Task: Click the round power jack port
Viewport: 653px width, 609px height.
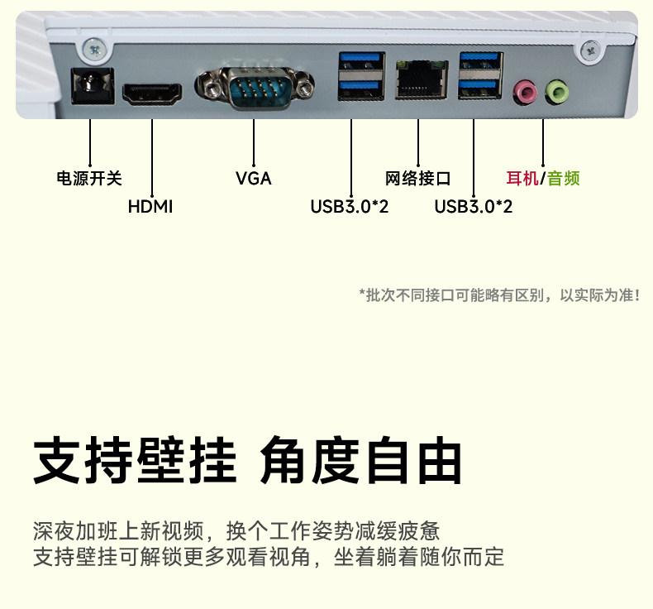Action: (x=90, y=84)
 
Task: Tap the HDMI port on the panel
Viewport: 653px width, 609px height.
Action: (x=153, y=93)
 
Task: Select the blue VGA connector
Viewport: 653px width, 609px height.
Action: (x=255, y=88)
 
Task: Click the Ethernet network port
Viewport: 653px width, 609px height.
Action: (x=419, y=79)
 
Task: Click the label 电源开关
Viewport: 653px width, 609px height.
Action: (x=89, y=178)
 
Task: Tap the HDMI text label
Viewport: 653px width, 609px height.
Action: (x=150, y=206)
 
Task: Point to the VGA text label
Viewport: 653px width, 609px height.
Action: (x=253, y=178)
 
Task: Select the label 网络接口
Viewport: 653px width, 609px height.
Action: (x=418, y=178)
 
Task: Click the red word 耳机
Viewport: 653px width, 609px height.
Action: (x=522, y=178)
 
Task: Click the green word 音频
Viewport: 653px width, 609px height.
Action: (x=564, y=178)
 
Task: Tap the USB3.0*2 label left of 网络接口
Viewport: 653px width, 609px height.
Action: (x=350, y=206)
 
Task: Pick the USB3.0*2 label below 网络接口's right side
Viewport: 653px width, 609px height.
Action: (x=474, y=206)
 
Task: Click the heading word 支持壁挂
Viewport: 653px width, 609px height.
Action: (x=135, y=462)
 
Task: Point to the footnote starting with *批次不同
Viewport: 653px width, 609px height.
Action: (x=499, y=295)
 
